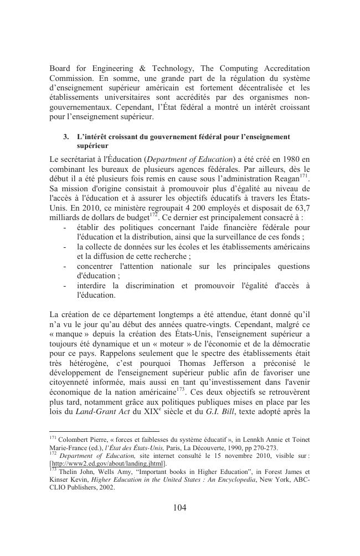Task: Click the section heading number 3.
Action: click(x=66, y=136)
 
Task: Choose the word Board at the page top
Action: click(x=61, y=68)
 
